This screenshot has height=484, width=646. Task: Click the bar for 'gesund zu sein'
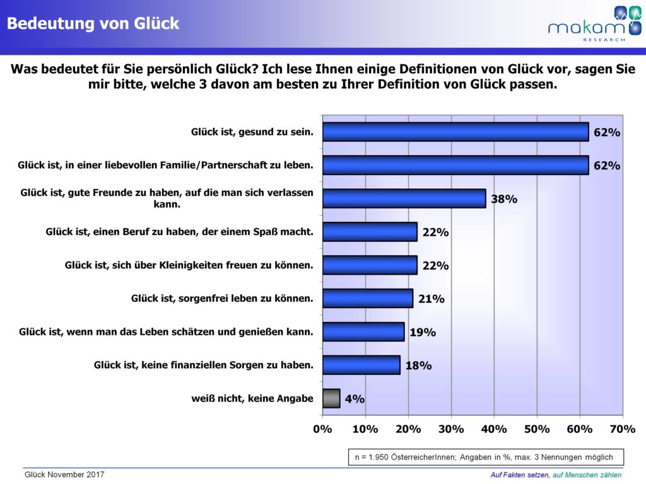[x=455, y=132]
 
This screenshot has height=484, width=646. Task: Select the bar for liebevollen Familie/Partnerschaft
[x=455, y=165]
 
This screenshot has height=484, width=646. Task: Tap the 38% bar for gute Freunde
[x=404, y=199]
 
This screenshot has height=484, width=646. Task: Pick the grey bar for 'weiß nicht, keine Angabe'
[x=331, y=398]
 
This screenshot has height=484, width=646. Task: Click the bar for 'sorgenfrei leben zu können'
[x=368, y=298]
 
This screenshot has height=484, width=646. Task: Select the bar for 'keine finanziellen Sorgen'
[x=361, y=365]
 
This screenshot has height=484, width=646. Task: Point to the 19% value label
[x=422, y=332]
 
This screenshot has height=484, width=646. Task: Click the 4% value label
[x=354, y=399]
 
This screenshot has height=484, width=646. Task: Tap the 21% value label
[x=431, y=299]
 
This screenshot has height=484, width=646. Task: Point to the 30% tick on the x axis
[x=451, y=429]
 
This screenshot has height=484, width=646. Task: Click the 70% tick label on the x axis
[x=623, y=429]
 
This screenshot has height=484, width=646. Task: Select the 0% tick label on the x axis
[x=322, y=429]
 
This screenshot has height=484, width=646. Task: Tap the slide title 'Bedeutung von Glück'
[x=93, y=24]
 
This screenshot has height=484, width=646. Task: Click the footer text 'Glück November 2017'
[x=64, y=475]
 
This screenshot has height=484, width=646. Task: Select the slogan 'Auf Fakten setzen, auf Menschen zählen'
[x=556, y=475]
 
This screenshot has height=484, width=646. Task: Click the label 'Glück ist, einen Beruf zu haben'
[x=180, y=232]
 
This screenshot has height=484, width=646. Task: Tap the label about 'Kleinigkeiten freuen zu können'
[x=189, y=265]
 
